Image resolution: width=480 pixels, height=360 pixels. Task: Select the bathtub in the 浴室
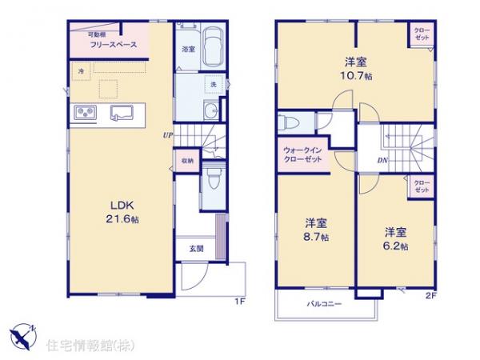point(211,47)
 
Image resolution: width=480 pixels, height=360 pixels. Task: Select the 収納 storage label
point(186,160)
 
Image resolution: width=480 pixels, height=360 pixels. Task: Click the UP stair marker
point(168,134)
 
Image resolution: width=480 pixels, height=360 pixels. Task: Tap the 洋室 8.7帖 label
point(314,230)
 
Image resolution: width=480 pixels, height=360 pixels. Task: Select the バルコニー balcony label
point(325,305)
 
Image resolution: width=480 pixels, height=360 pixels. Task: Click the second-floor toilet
point(288,122)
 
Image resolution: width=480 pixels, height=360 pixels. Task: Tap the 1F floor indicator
point(239,302)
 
